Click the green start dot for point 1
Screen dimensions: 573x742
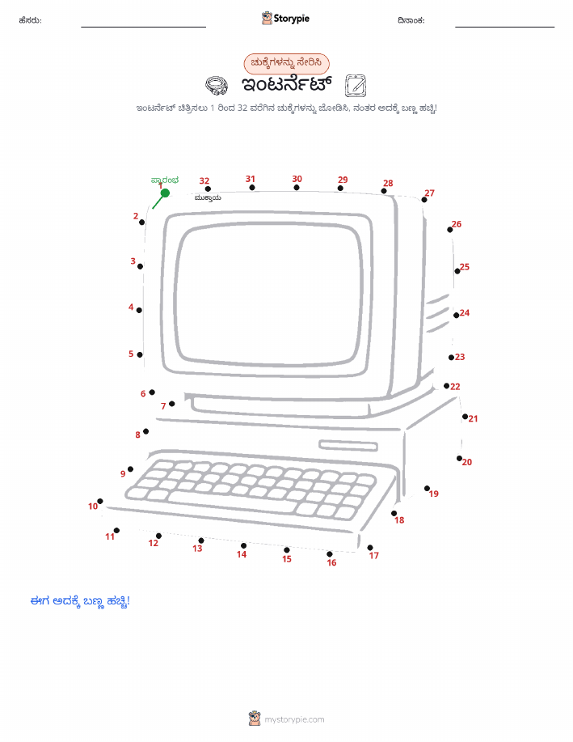pyautogui.click(x=165, y=193)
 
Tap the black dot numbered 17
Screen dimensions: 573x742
pyautogui.click(x=370, y=548)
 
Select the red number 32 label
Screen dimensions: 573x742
pyautogui.click(x=204, y=180)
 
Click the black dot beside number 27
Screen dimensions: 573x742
pyautogui.click(x=424, y=200)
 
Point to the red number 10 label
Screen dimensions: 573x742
pyautogui.click(x=93, y=507)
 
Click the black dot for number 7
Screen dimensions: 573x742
pyautogui.click(x=171, y=404)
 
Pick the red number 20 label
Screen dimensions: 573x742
pyautogui.click(x=467, y=462)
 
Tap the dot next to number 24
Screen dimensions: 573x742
pyautogui.click(x=457, y=315)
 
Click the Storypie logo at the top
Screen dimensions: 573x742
pyautogui.click(x=285, y=19)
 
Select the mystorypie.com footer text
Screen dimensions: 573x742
pyautogui.click(x=294, y=720)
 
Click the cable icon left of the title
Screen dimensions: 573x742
pyautogui.click(x=217, y=86)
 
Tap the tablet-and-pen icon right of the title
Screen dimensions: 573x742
pyautogui.click(x=356, y=86)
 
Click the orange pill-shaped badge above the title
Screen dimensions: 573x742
pyautogui.click(x=286, y=64)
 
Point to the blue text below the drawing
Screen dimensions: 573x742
pyautogui.click(x=80, y=601)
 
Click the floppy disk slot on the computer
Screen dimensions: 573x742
pyautogui.click(x=348, y=446)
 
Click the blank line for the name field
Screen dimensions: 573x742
pyautogui.click(x=143, y=27)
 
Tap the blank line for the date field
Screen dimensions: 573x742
pyautogui.click(x=505, y=27)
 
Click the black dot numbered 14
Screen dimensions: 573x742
pyautogui.click(x=243, y=545)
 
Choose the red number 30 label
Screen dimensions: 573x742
pyautogui.click(x=297, y=179)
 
